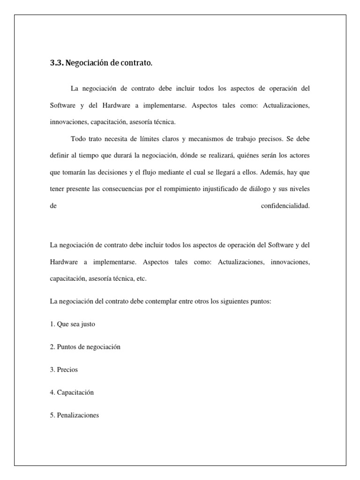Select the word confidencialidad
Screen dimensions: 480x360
click(x=285, y=205)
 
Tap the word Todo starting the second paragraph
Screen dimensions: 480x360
click(x=78, y=139)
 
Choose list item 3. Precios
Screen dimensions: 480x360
click(x=64, y=369)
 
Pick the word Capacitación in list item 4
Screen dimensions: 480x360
click(x=75, y=392)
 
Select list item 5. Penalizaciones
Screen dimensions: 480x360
click(x=74, y=415)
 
